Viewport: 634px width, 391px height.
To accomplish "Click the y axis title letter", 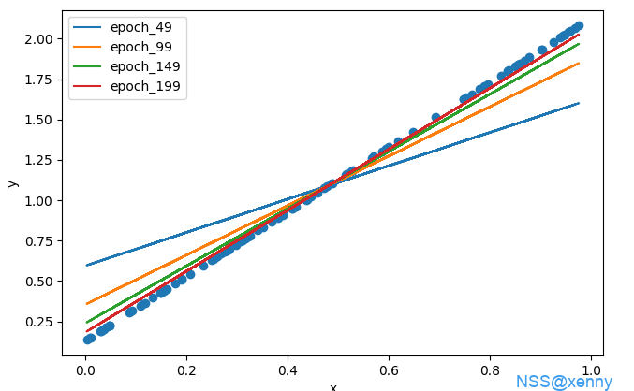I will click(12, 182).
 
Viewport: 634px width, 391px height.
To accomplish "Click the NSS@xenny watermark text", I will click(564, 382).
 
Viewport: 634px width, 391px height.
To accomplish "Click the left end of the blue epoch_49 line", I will click(87, 265).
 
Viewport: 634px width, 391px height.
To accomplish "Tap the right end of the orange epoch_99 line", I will click(579, 64).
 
